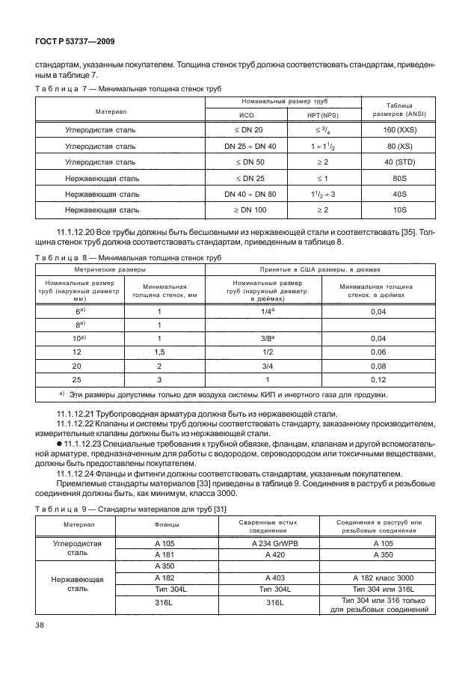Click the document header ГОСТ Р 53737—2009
(x=74, y=42)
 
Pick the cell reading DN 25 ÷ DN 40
(x=250, y=146)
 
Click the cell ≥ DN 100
(x=250, y=210)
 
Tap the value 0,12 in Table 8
(x=378, y=379)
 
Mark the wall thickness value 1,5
(x=159, y=352)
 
